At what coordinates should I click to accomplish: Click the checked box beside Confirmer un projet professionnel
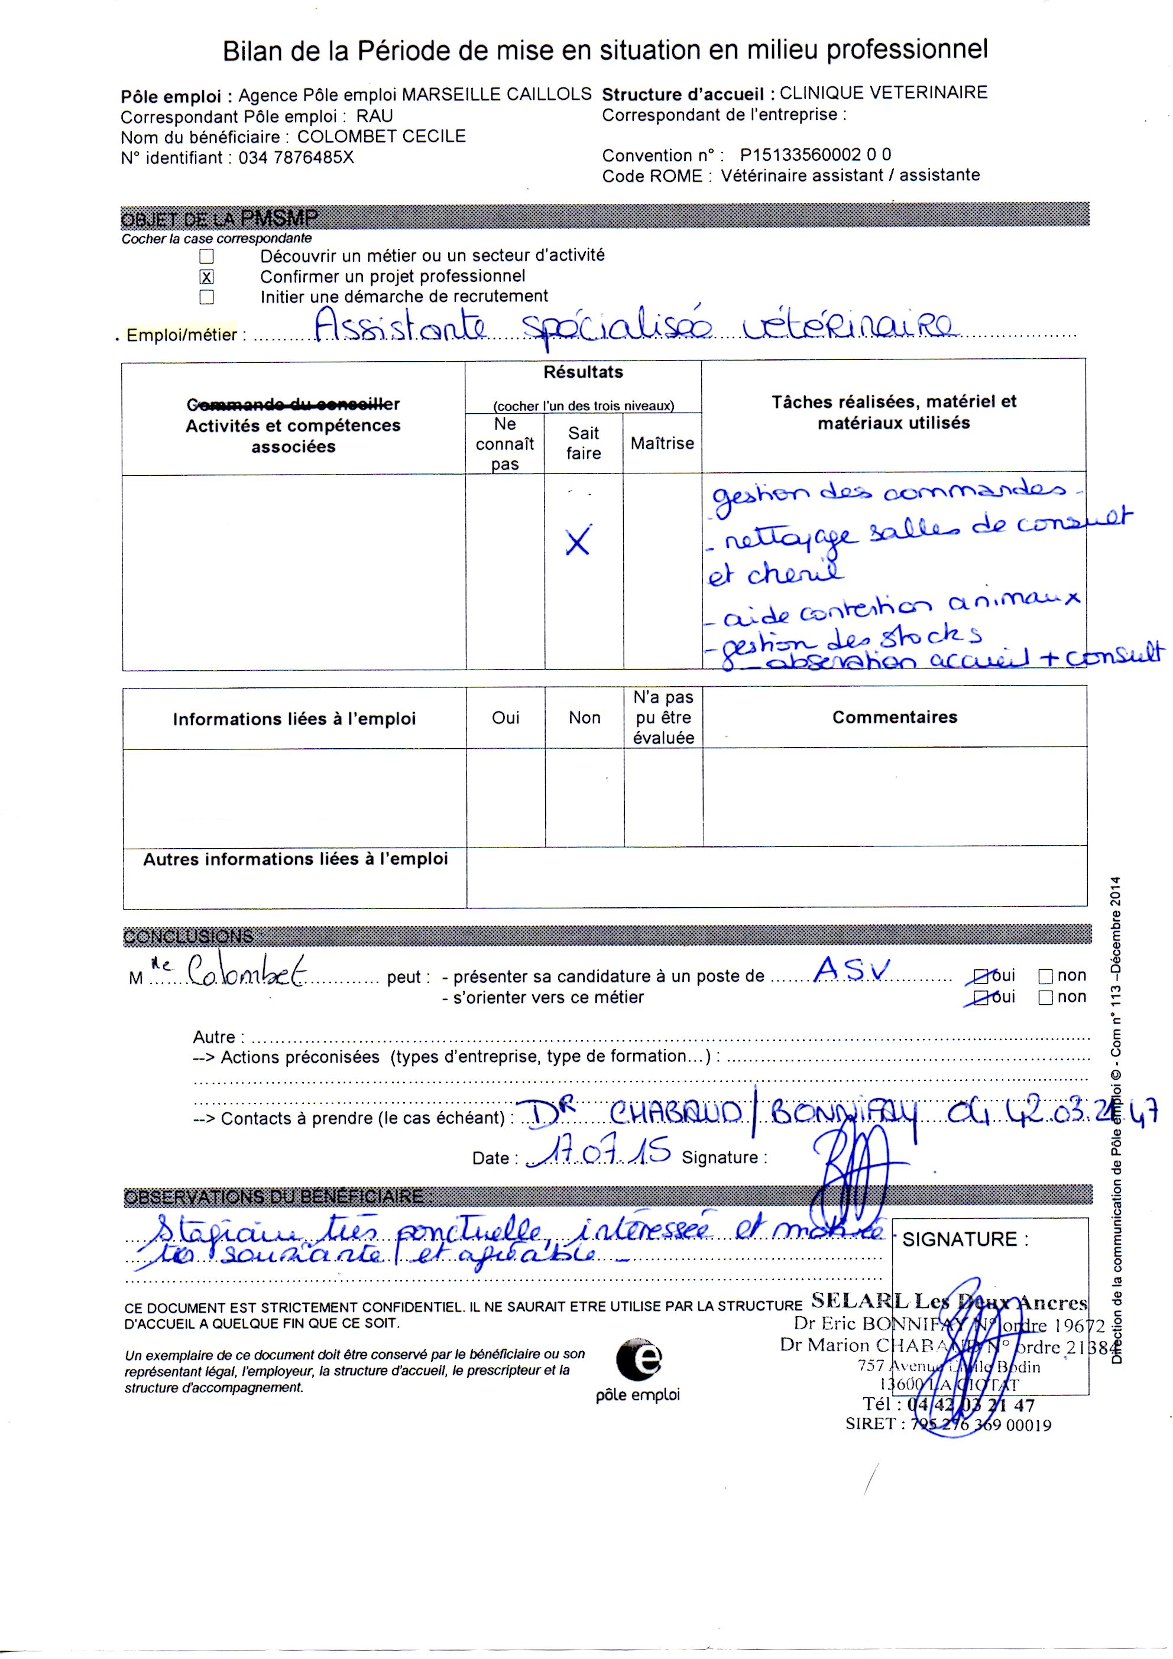click(207, 277)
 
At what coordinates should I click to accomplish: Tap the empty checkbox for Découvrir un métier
click(207, 256)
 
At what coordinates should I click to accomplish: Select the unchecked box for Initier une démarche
click(207, 297)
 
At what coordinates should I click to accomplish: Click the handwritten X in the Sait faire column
click(578, 540)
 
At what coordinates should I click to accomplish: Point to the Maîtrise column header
click(662, 443)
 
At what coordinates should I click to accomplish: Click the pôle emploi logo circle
click(639, 1360)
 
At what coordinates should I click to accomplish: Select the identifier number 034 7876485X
click(296, 158)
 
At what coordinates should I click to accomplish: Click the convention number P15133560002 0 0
click(815, 155)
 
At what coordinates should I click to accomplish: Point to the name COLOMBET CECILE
click(381, 137)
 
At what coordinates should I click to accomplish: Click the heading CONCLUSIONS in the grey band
click(188, 936)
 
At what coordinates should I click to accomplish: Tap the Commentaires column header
click(895, 717)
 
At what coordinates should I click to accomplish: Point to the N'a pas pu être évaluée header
click(663, 717)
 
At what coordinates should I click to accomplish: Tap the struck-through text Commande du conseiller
click(293, 404)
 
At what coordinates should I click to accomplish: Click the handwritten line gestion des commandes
click(889, 493)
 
